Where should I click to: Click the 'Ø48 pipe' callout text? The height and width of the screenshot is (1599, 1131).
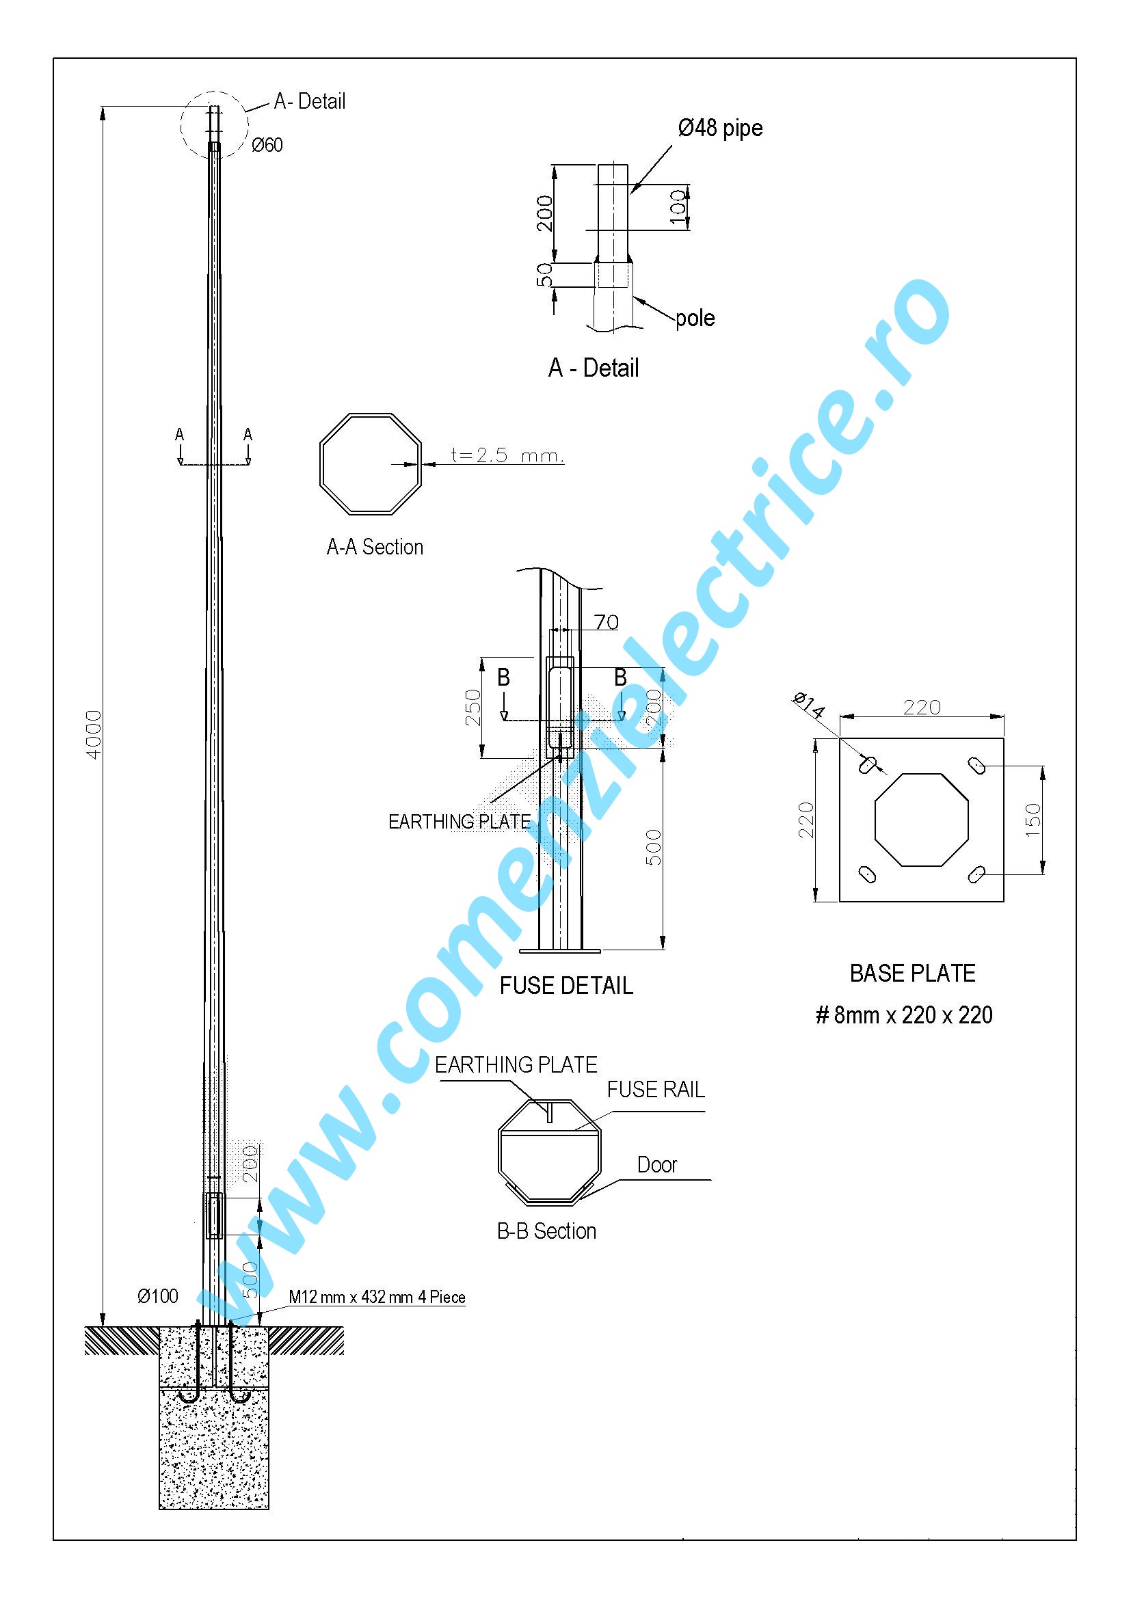[720, 128]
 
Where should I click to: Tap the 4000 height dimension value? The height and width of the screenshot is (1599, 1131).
[93, 734]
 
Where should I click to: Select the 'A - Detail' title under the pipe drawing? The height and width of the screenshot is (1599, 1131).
[594, 368]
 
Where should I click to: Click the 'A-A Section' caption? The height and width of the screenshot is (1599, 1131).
[375, 547]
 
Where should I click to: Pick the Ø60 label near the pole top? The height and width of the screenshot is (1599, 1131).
[267, 145]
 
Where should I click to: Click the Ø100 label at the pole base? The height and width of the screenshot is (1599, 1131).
[158, 1296]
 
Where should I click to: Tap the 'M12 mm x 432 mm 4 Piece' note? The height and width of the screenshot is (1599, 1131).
[377, 1297]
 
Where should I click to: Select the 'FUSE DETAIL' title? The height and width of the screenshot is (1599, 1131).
[566, 986]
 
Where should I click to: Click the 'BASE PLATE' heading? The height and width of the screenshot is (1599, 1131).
[912, 973]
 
